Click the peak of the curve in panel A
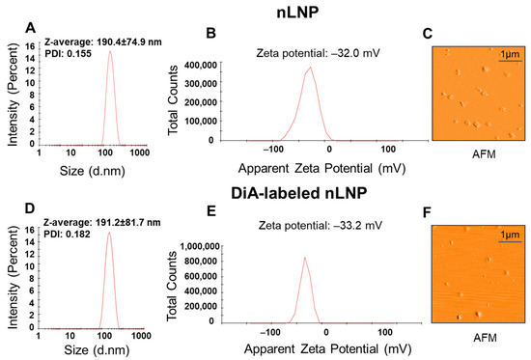[110, 51]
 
